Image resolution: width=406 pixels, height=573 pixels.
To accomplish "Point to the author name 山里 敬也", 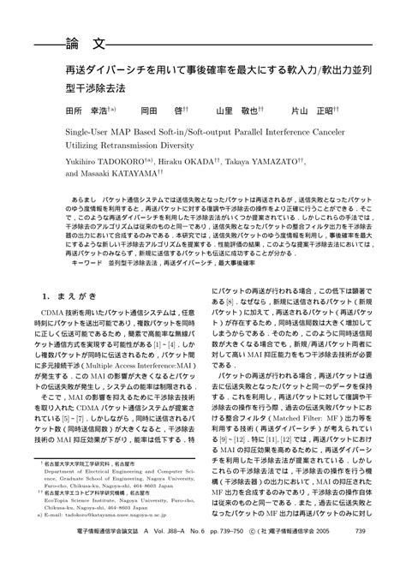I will point(236,111).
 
